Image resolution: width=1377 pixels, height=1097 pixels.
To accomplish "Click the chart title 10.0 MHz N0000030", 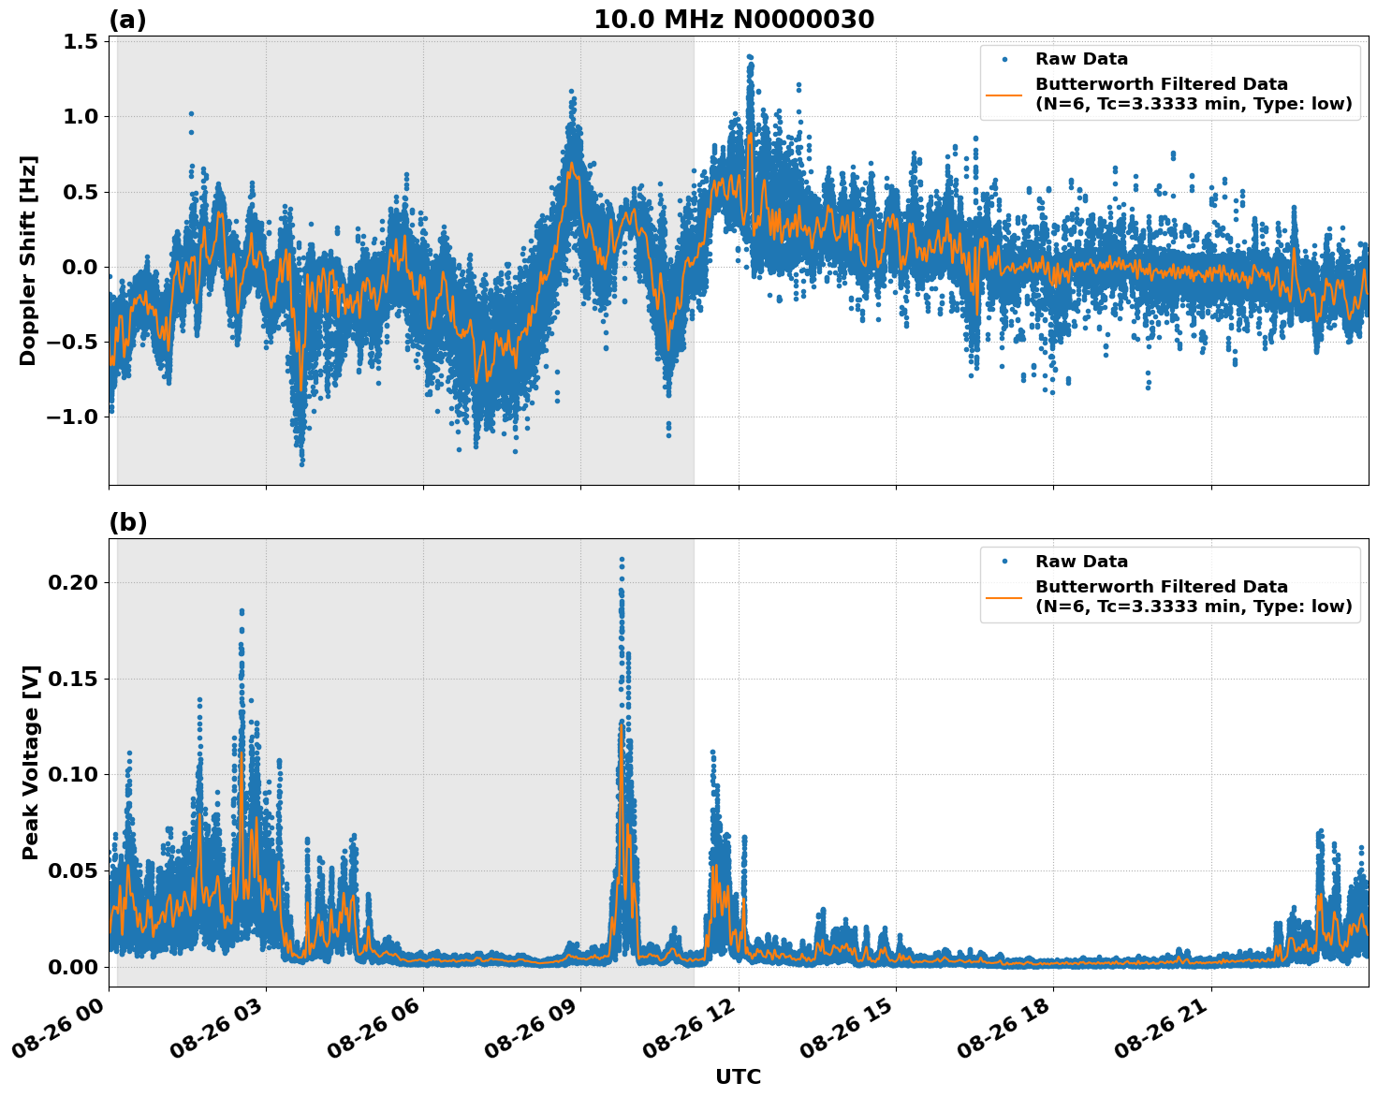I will (734, 20).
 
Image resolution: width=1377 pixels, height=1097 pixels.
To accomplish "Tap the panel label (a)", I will (127, 20).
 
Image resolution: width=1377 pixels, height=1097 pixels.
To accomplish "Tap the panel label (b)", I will (127, 522).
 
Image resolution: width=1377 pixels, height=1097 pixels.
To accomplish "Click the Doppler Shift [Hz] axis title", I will (28, 260).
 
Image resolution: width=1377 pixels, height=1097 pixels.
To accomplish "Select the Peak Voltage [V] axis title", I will (31, 762).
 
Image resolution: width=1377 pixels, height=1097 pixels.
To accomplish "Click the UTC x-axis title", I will (738, 1076).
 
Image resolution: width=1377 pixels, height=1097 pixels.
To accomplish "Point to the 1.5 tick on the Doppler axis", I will (81, 42).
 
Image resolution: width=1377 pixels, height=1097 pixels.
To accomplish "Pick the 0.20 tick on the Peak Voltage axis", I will (73, 582).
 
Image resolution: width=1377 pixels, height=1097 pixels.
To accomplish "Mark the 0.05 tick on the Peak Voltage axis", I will (73, 870).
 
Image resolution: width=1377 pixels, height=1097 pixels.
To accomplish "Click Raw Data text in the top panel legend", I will (1081, 59).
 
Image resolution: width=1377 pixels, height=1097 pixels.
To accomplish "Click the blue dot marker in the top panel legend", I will (1004, 59).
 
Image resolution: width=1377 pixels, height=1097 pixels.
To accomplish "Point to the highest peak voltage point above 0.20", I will (622, 559).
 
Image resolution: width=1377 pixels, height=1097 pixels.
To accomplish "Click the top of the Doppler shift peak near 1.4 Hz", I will (749, 57).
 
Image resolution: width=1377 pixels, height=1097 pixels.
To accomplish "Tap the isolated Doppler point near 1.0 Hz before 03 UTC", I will (191, 114).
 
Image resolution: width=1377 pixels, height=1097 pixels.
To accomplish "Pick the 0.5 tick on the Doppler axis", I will (81, 192).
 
